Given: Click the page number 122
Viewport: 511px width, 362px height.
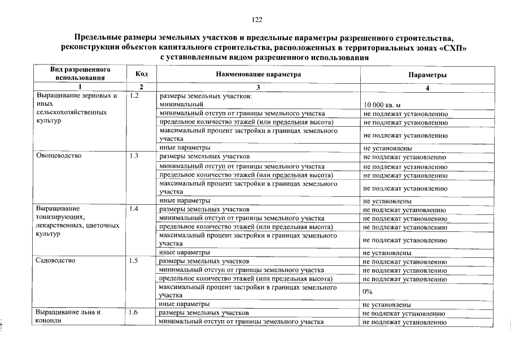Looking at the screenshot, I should point(257,20).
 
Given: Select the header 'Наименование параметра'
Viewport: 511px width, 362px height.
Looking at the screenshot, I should point(258,74).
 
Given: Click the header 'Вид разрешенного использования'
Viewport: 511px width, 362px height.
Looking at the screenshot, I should point(79,74).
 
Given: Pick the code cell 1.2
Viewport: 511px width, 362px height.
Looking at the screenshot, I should point(134,96).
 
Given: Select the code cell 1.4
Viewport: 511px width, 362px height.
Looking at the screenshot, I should point(134,209).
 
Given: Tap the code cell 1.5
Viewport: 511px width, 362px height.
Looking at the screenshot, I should point(134,261).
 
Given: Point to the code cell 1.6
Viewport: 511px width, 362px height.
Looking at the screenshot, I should point(134,313).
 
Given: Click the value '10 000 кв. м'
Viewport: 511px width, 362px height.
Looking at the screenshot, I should point(382,105).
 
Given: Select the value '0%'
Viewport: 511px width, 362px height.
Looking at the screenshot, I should point(368,291).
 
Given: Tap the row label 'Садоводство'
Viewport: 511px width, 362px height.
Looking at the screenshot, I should point(55,261).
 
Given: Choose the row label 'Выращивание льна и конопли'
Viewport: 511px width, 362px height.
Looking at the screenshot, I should point(68,317).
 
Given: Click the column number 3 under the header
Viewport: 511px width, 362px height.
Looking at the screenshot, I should point(258,87).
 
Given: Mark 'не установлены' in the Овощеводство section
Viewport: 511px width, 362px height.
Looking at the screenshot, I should point(387,201).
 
